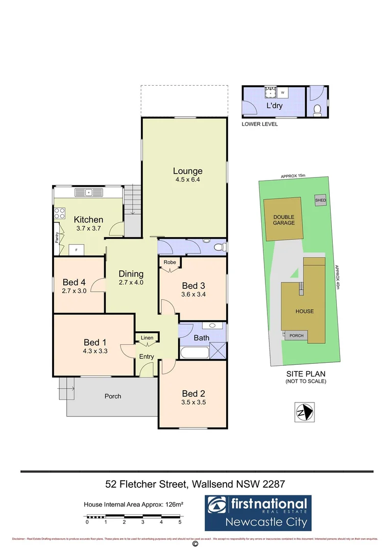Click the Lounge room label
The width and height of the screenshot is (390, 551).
coord(187,171)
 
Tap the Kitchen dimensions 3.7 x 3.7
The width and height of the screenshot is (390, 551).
coord(89,229)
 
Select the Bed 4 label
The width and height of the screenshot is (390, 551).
coord(74,282)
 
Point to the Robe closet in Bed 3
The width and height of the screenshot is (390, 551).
coord(169,262)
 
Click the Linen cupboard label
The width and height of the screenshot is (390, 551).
coord(147,338)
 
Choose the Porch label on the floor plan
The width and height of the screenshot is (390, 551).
coord(113,396)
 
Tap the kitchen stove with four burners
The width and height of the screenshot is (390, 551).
coord(59,213)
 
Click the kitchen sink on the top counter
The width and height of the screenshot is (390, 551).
coord(89,192)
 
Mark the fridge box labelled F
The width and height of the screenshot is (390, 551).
coord(77,249)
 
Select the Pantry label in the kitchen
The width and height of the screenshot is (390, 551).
coord(57,238)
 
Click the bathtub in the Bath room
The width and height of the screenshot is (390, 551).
coord(194,353)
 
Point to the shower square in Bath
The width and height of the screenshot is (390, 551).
coord(218,352)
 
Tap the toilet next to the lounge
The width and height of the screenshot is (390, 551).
coord(218,247)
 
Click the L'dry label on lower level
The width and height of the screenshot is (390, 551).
coord(274,106)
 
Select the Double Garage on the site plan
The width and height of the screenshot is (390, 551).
coord(284,220)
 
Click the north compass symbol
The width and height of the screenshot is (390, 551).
coord(305,411)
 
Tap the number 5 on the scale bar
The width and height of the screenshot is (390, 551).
coord(180,522)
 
